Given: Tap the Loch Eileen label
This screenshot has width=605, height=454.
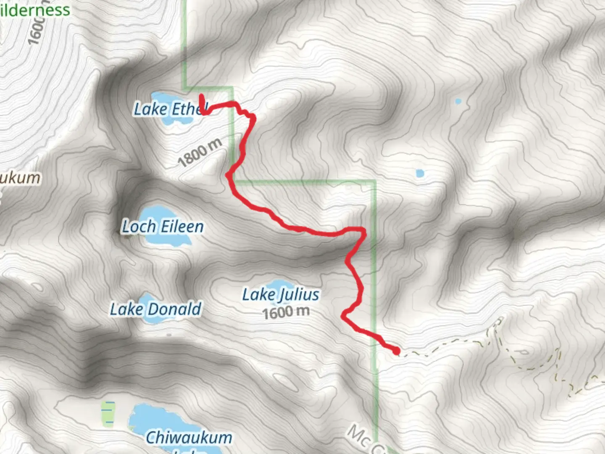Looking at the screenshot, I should coord(163,227).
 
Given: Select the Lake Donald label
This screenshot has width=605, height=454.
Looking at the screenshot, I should coord(155,309).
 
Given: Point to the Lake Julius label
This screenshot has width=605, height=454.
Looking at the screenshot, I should coord(281,295).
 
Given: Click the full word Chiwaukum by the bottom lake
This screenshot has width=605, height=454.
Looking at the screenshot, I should coord(189,438).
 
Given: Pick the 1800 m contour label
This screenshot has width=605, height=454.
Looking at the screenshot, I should coord(200,153).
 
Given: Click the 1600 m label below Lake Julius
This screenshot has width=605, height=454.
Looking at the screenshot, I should coord(286,312).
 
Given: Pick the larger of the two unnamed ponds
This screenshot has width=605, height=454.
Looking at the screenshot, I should coord(419,173).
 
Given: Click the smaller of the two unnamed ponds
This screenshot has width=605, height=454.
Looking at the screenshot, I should coord(458,101).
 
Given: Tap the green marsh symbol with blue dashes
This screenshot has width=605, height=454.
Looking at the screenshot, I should coord(108,413).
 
